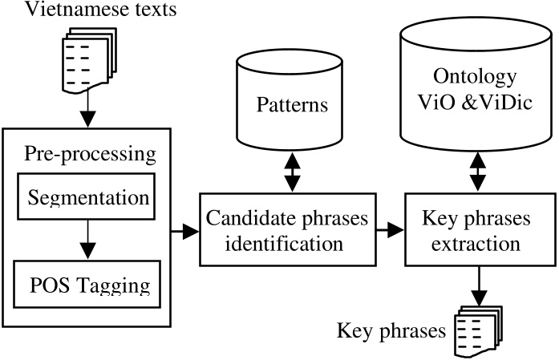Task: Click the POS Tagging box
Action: pos(87,284)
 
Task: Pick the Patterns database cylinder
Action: pos(294,108)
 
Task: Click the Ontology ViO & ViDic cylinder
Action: pos(477,88)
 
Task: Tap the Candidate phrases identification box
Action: pos(294,230)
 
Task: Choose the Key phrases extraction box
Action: pos(478,230)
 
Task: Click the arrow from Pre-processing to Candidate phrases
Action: pos(185,232)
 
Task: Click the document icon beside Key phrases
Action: pos(478,329)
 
